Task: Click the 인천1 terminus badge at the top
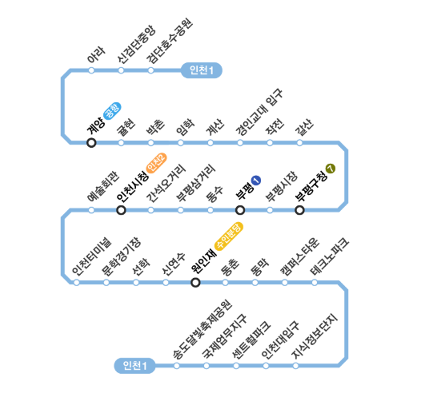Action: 202,70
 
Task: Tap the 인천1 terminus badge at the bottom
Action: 134,366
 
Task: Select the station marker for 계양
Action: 91,143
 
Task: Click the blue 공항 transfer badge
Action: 112,111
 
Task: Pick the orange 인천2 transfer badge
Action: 156,163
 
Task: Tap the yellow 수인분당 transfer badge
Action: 229,236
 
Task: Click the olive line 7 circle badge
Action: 331,169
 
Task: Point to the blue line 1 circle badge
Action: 256,181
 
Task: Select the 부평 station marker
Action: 240,210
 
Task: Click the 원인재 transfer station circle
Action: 195,282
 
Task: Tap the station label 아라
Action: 96,55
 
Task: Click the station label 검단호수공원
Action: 170,41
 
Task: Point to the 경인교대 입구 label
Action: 259,112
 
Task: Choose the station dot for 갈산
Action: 299,143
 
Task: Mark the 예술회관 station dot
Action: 91,210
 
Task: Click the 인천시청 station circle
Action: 121,210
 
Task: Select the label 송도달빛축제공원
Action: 202,329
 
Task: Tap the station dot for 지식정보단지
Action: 295,366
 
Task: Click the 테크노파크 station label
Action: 330,256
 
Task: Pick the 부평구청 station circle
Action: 299,210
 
